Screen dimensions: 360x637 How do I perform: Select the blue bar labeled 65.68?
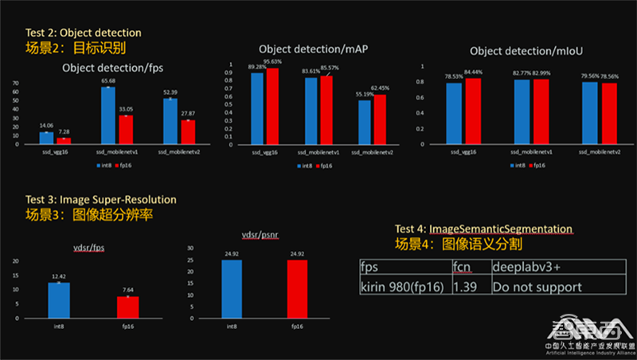(108, 115)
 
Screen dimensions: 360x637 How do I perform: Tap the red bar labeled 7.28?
(64, 141)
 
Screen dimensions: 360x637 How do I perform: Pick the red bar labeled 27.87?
(188, 132)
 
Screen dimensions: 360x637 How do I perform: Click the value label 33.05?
(126, 109)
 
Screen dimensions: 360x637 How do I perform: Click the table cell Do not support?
(537, 286)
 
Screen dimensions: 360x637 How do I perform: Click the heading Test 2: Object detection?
(84, 33)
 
